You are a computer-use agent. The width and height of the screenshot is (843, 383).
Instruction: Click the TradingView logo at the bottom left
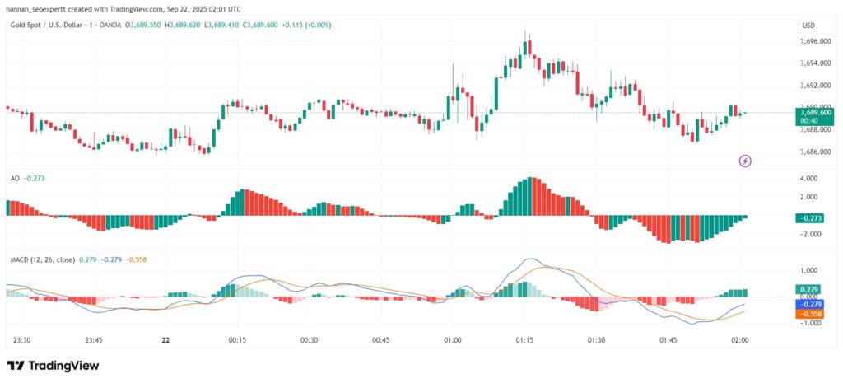(x=52, y=365)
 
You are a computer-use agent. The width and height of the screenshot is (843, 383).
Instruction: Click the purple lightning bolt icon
(x=745, y=161)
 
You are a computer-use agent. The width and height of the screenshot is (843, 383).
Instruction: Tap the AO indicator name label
(x=15, y=178)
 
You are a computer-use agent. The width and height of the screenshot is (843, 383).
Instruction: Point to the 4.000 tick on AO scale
(x=810, y=178)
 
